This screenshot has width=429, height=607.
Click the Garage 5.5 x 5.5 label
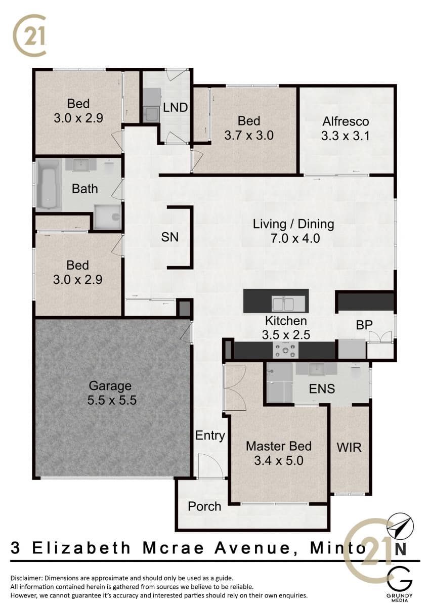112,393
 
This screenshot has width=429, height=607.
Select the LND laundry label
176,108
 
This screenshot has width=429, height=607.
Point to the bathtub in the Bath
49,184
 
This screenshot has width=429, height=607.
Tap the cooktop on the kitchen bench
286,351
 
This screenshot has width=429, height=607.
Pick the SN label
170,237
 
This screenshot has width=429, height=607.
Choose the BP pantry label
364,325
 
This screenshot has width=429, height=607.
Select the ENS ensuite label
322,389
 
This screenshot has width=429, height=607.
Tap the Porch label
204,506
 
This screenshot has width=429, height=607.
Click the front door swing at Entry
210,466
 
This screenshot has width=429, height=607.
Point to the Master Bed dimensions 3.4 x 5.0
279,460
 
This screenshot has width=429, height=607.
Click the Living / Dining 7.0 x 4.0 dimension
295,238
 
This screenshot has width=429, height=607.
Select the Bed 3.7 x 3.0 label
249,128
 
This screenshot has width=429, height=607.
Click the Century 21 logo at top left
30,34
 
